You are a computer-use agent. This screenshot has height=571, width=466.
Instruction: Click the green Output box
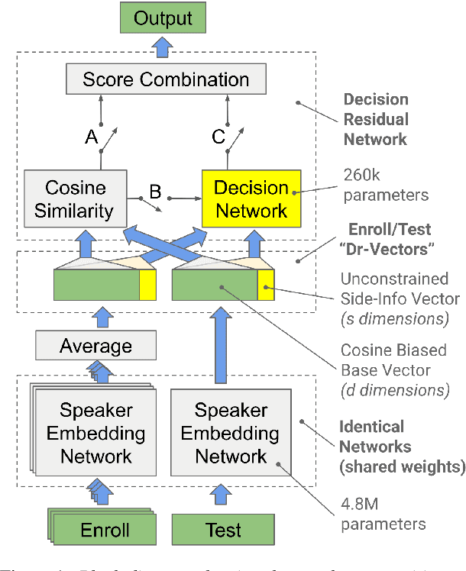coord(163,18)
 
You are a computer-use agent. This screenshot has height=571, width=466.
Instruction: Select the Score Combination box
coord(165,79)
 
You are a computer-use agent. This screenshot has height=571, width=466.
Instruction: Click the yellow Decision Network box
coord(251,198)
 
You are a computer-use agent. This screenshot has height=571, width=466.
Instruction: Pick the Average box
coord(95,347)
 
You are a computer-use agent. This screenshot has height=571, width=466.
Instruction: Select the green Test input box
coord(223,530)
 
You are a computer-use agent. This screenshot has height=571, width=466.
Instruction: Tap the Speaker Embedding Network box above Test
coord(231,433)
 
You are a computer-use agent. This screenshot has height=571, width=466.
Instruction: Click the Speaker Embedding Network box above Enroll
coord(96,434)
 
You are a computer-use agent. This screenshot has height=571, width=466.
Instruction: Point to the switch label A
coord(92,137)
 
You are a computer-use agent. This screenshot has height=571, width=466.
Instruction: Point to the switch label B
coord(155,194)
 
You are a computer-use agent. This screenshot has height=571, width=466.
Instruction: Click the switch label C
coord(218,137)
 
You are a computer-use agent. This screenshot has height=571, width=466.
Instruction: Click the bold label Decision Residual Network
coord(375,119)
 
